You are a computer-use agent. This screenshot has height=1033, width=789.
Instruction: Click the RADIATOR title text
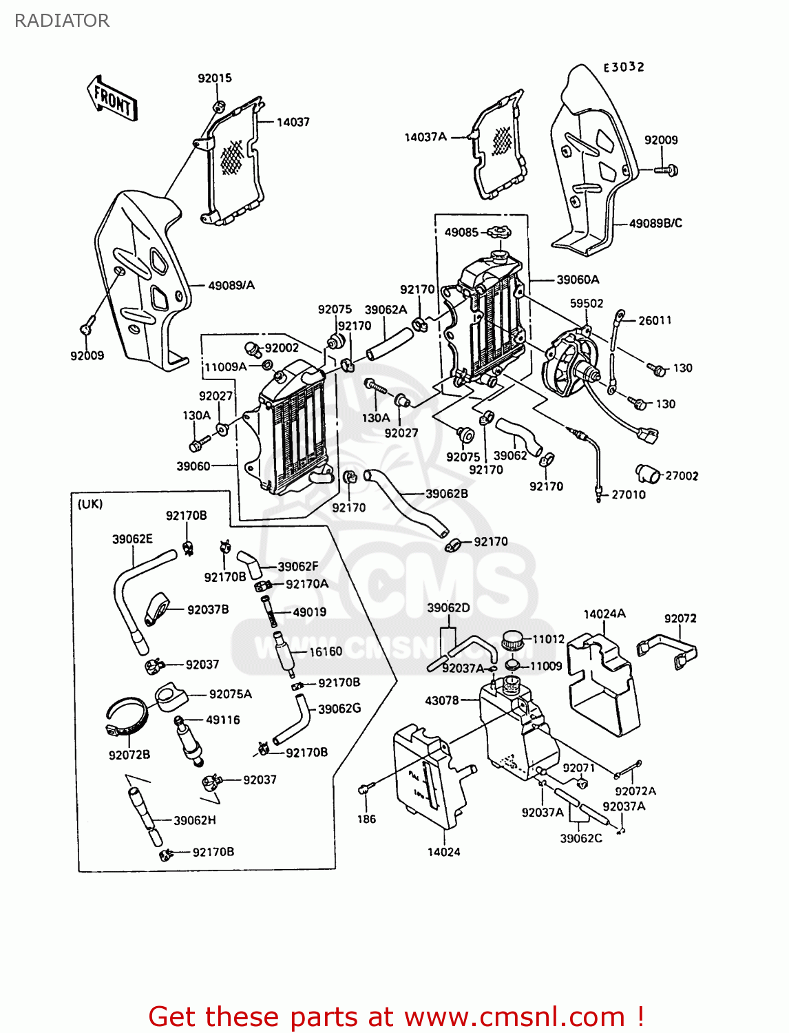61,21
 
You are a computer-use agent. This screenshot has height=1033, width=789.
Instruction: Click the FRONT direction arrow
112,100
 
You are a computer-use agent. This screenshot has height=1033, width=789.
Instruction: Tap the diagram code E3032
624,67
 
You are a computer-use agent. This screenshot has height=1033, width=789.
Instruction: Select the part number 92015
215,79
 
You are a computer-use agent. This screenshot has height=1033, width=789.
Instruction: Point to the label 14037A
425,137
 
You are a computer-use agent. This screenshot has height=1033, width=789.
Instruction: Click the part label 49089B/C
655,223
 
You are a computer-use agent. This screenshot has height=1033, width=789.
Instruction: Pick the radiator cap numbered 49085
498,232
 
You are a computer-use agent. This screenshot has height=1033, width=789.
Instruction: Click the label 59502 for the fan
587,303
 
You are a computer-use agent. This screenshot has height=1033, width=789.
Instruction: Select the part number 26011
655,320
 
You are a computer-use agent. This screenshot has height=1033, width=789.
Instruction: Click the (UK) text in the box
90,504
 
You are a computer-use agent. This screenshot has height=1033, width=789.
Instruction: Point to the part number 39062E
132,539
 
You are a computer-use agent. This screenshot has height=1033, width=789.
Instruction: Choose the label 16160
326,651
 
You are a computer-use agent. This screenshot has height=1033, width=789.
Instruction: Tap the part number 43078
441,700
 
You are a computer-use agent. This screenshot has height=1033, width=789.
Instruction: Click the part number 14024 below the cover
443,852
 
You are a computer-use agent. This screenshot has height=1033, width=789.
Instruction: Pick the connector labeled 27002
647,474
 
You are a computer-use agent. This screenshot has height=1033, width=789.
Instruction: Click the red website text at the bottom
396,1016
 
